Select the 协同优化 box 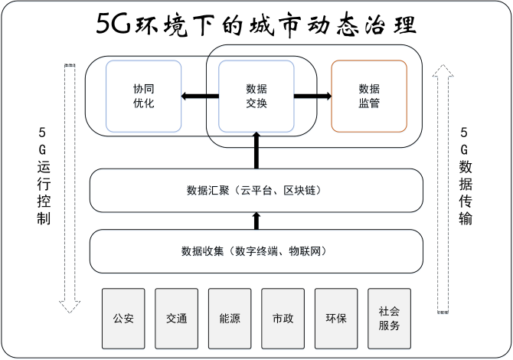[144, 96]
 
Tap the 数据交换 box [256, 96]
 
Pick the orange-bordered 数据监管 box [368, 96]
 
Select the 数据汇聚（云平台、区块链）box [256, 190]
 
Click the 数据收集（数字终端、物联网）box [256, 250]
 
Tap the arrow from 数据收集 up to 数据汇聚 [256, 221]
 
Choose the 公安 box [124, 317]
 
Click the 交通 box [177, 317]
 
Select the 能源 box [230, 317]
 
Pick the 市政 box [283, 317]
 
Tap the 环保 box [335, 317]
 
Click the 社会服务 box [389, 317]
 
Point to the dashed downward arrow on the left [70, 188]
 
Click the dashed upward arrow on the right [443, 188]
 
